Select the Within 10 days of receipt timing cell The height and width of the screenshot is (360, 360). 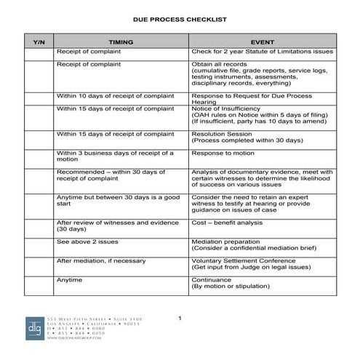[x=121, y=96]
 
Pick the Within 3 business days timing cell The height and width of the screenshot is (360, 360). [x=121, y=156]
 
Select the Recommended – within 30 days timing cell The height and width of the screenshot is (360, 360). [x=121, y=176]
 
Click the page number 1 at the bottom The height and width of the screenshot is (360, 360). [x=180, y=319]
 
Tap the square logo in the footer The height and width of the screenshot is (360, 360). [x=34, y=329]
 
